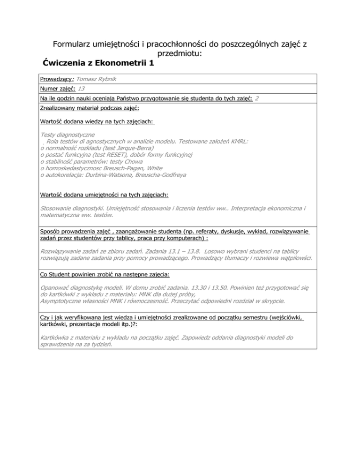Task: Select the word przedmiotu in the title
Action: [180, 54]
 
